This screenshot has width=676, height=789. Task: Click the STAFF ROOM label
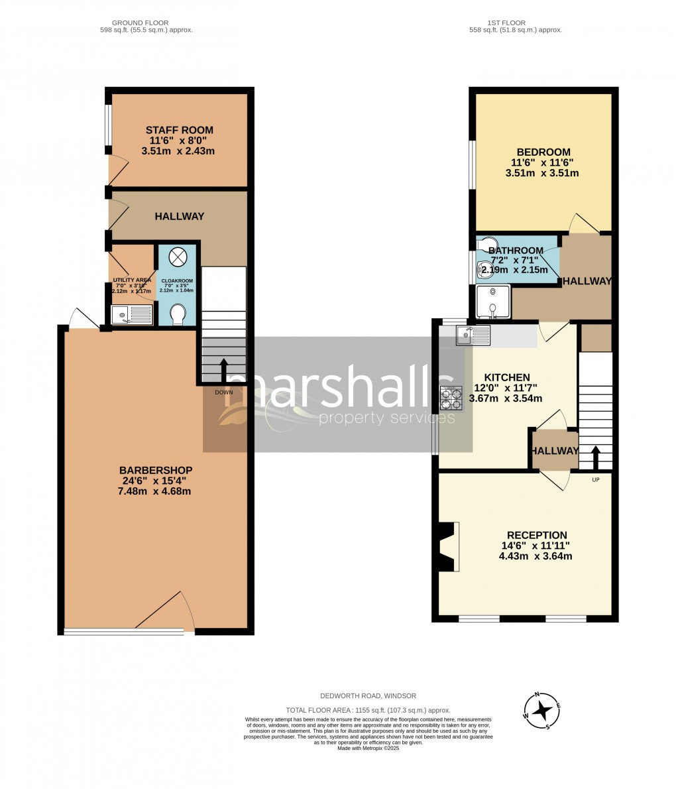pyautogui.click(x=180, y=130)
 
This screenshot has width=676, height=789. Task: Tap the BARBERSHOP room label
pyautogui.click(x=156, y=470)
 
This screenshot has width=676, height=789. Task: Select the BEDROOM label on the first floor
pyautogui.click(x=540, y=152)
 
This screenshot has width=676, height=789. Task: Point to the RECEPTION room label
pyautogui.click(x=537, y=535)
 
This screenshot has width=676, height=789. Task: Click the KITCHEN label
pyautogui.click(x=506, y=377)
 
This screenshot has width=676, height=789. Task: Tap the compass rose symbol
pyautogui.click(x=543, y=710)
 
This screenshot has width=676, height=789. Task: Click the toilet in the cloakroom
pyautogui.click(x=178, y=314)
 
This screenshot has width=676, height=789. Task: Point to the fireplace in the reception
pyautogui.click(x=447, y=546)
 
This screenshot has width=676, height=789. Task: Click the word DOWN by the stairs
pyautogui.click(x=224, y=392)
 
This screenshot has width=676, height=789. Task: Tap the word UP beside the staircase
pyautogui.click(x=595, y=479)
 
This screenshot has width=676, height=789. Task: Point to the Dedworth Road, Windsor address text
pyautogui.click(x=368, y=696)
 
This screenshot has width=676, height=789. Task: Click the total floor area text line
pyautogui.click(x=368, y=709)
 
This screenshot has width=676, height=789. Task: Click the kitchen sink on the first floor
pyautogui.click(x=473, y=335)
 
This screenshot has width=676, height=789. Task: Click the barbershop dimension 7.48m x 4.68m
pyautogui.click(x=156, y=491)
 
